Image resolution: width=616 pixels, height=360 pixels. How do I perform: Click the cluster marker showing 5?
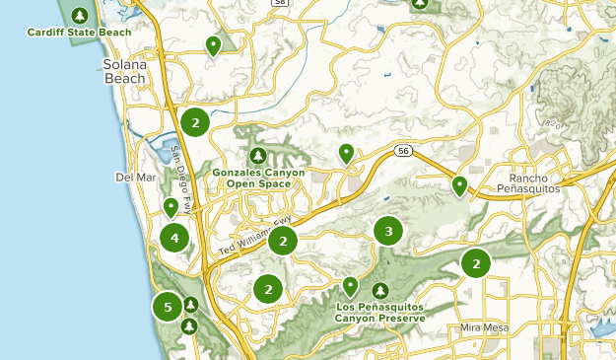168,307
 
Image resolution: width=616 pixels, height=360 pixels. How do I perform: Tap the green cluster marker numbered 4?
174,238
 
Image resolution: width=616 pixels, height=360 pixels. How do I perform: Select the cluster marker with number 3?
388,232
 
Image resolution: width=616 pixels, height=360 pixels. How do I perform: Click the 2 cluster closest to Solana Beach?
195,122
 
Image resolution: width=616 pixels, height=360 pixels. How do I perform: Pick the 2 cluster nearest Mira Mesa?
476,263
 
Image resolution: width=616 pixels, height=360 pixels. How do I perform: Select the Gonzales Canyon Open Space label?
258,178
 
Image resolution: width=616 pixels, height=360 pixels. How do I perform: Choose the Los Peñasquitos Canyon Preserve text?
380,314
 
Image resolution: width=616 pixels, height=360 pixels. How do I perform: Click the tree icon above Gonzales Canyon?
258,156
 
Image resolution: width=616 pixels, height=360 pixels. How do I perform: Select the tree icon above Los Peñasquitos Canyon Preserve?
380,291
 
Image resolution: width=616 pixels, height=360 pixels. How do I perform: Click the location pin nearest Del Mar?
171,206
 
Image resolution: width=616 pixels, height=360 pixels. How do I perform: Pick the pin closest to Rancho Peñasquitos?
459,183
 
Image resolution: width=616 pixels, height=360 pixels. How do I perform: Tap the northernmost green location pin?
213,44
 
